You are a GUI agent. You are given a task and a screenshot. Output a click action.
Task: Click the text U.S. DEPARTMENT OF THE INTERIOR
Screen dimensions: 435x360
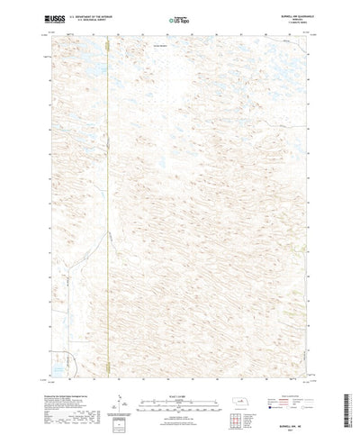(85, 14)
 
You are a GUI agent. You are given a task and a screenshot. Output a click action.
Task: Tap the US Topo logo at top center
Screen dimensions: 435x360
(179, 17)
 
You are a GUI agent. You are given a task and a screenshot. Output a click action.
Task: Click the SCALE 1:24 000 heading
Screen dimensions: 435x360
(179, 378)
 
